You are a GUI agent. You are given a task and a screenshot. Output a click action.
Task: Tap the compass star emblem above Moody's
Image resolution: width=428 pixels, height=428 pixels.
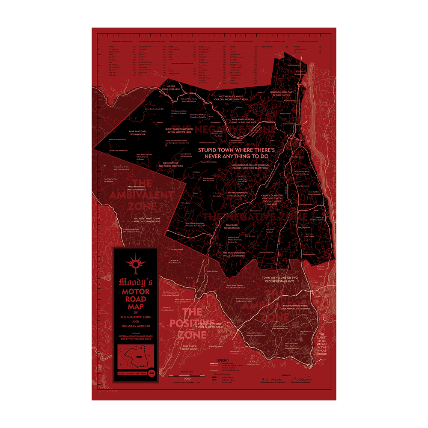[136, 262]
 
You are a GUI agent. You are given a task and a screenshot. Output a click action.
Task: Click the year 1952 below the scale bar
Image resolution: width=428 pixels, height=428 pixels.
[187, 379]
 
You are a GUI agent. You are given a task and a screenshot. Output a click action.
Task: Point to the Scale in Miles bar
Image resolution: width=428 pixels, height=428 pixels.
[187, 375]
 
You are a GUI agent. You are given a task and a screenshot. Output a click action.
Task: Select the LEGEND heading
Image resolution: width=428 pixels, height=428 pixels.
[223, 361]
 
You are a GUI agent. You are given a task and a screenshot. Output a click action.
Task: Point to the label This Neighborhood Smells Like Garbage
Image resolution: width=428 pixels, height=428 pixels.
[234, 255]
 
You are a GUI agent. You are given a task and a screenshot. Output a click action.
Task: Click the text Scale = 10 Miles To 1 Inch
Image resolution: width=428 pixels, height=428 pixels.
[132, 374]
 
